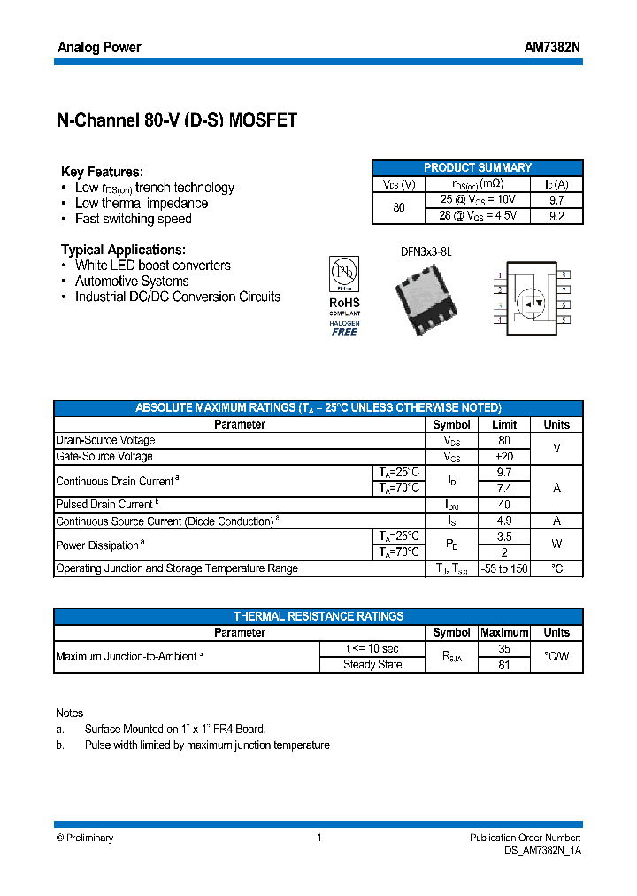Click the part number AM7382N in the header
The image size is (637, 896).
pyautogui.click(x=552, y=47)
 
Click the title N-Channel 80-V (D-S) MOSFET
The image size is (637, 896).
pyautogui.click(x=176, y=121)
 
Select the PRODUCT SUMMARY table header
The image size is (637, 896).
pyautogui.click(x=478, y=167)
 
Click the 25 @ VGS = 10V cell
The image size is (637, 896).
pyautogui.click(x=478, y=200)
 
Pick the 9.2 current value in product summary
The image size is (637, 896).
pyautogui.click(x=556, y=216)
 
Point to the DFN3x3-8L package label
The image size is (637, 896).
pyautogui.click(x=426, y=251)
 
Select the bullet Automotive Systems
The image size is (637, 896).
pyautogui.click(x=132, y=282)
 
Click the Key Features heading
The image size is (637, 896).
pyautogui.click(x=102, y=172)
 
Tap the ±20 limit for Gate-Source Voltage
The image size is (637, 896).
pyautogui.click(x=503, y=457)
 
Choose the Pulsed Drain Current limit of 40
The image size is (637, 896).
pyautogui.click(x=503, y=505)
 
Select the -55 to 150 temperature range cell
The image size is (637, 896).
pyautogui.click(x=503, y=568)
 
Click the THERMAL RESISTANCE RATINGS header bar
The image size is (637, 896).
pyautogui.click(x=318, y=616)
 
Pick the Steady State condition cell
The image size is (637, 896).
pyautogui.click(x=372, y=665)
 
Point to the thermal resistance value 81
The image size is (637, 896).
pyautogui.click(x=503, y=665)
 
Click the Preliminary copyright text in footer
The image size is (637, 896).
pyautogui.click(x=85, y=838)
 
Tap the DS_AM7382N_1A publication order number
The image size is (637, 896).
pyautogui.click(x=536, y=850)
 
